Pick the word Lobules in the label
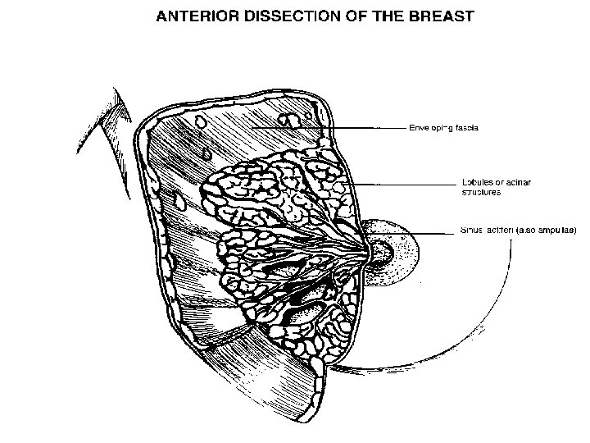pos(474,180)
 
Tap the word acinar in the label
pos(516,180)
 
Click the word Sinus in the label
pos(471,232)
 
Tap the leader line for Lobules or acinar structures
pos(402,185)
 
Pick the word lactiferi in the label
pos(504,232)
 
